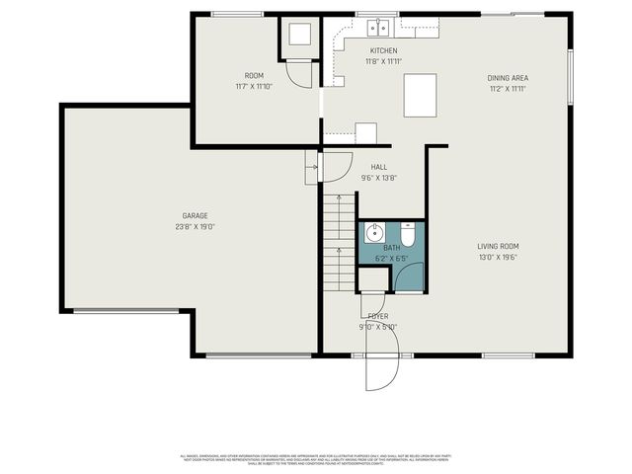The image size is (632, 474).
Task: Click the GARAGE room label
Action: tap(195, 215)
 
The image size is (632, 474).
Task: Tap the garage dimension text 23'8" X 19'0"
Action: tap(195, 226)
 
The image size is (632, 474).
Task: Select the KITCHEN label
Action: tap(383, 50)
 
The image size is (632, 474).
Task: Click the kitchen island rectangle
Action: tap(420, 96)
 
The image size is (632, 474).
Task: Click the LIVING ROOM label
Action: tap(499, 246)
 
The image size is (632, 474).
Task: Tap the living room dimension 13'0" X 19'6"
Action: tap(499, 257)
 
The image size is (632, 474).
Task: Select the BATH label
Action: tap(392, 248)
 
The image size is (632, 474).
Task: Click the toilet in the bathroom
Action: tap(407, 237)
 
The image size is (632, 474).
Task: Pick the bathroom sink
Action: tap(374, 234)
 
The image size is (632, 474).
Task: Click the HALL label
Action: tap(378, 167)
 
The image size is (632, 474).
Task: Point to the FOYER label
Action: tap(377, 315)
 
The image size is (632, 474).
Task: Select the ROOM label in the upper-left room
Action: tap(254, 76)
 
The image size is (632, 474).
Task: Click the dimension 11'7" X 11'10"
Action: tap(254, 87)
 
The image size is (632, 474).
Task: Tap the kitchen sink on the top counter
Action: tap(375, 28)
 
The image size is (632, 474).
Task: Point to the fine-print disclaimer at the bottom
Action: tap(316, 458)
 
